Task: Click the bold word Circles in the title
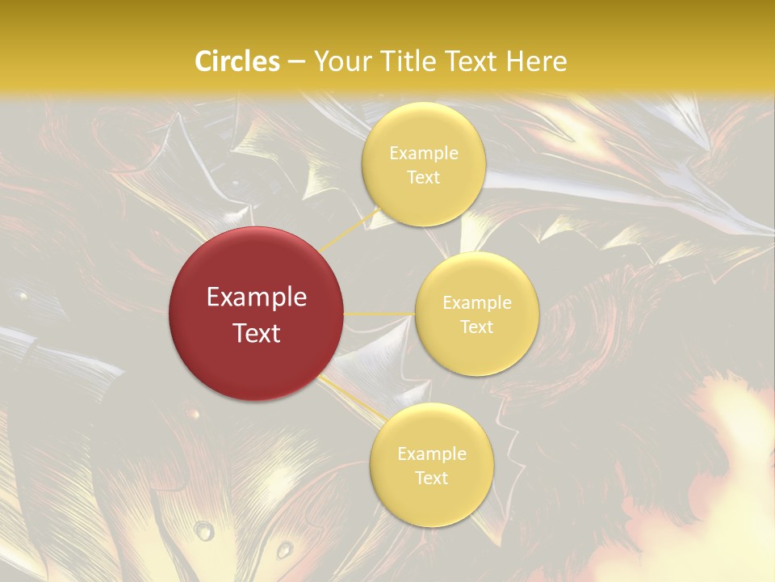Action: point(237,61)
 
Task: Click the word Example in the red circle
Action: point(257,297)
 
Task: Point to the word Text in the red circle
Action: point(257,333)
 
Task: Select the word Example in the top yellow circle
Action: point(424,154)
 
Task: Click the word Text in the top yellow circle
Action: point(424,178)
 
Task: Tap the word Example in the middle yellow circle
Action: point(477,303)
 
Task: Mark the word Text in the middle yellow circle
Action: point(477,327)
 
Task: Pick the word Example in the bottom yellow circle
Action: point(432,454)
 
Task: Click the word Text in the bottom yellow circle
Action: point(432,479)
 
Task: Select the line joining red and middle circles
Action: point(379,314)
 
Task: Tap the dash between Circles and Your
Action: point(296,62)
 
